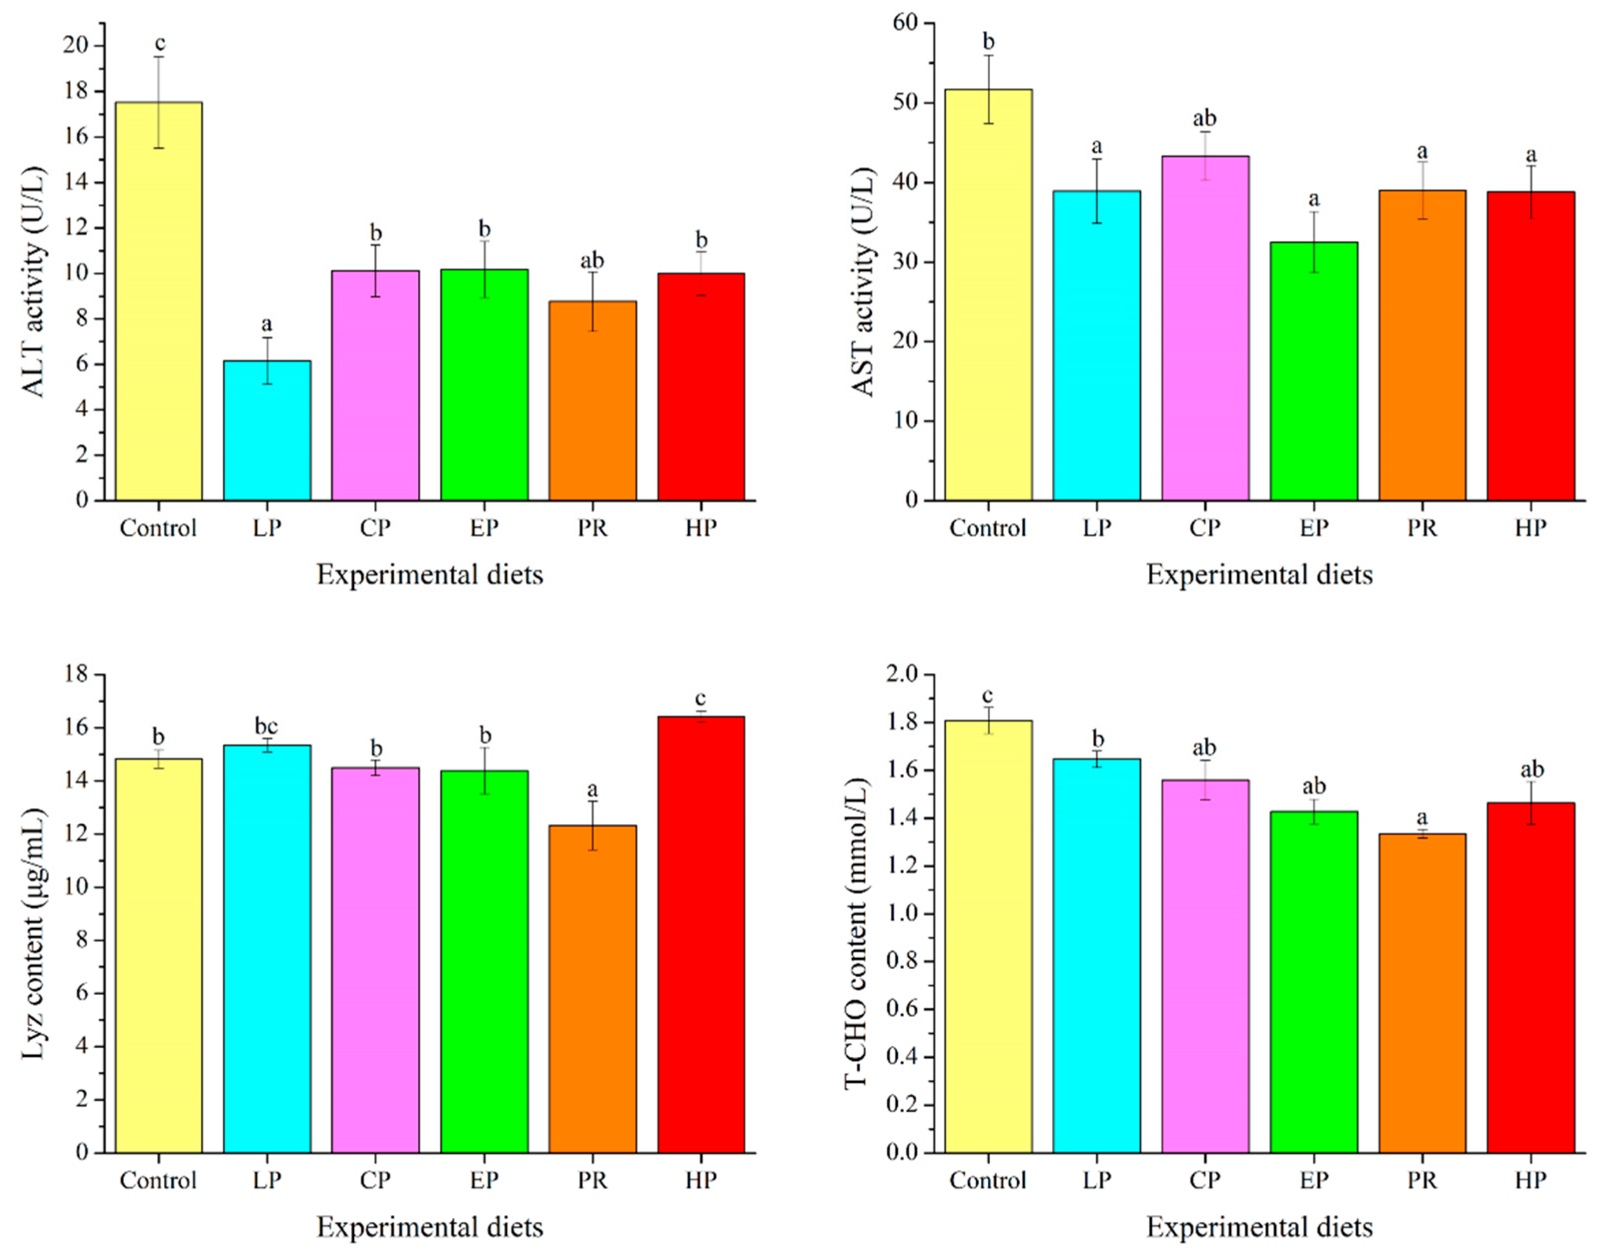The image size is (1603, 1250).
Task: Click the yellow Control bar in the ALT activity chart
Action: [159, 301]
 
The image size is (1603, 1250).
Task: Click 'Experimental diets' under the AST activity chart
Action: [1260, 574]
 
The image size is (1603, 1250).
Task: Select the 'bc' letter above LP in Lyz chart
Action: [266, 726]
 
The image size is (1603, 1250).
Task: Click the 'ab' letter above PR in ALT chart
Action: [593, 261]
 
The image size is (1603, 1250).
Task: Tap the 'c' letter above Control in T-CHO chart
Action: [988, 695]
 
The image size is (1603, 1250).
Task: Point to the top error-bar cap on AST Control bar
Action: [988, 56]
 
